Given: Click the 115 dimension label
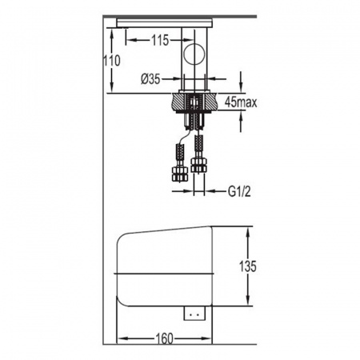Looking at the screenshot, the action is (160, 41).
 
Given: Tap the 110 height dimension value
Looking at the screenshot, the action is (112, 61).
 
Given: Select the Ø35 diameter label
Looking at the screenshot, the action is (150, 79).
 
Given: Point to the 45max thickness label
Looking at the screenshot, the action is (241, 102).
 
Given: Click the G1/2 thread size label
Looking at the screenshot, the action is (239, 191).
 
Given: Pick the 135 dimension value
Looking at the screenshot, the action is (248, 266).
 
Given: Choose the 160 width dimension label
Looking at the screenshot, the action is (164, 338).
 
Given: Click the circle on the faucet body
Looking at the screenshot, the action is (194, 54).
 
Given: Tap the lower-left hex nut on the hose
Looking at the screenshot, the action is (179, 174).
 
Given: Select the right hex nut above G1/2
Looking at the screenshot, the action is (198, 165).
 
